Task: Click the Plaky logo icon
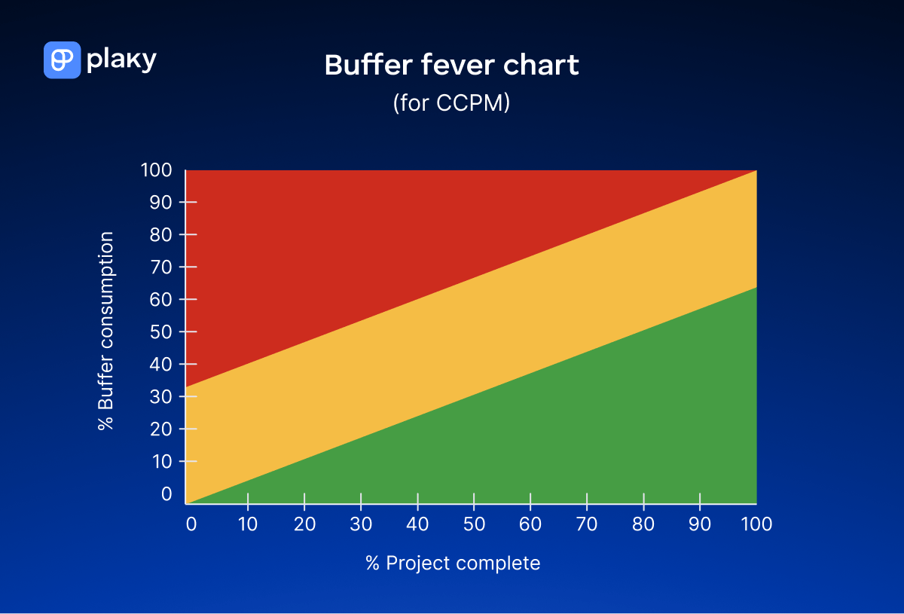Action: coord(62,60)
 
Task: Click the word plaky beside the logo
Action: coord(121,60)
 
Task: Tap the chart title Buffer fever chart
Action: coord(451,66)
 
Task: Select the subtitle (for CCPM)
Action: coord(451,103)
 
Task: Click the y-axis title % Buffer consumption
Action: coord(106,331)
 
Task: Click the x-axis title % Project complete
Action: coord(453,563)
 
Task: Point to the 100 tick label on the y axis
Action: coord(157,170)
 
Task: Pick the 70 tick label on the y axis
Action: coord(162,267)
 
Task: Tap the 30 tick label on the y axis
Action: coord(162,396)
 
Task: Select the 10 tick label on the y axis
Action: coord(162,461)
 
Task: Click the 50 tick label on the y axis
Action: coord(162,331)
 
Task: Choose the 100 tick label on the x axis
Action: coord(756,524)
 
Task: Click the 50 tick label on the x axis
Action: coord(474,524)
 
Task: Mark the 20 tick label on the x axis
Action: coord(304,524)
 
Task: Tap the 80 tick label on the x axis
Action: coord(643,524)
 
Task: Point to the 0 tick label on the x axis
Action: coord(191,524)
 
